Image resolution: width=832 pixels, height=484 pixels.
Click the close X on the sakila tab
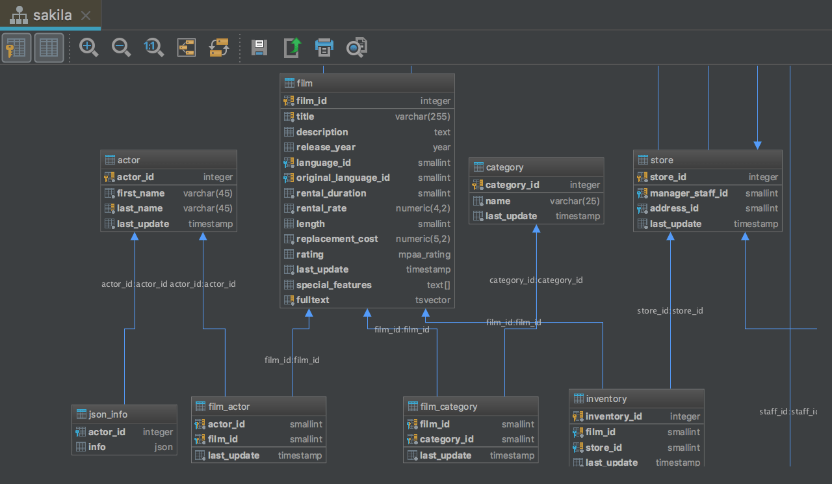[86, 16]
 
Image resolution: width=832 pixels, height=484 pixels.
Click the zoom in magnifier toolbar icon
[88, 47]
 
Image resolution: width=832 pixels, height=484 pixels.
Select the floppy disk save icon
[259, 47]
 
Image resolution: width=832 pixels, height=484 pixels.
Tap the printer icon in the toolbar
[324, 47]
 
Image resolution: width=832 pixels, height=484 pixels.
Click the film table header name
[305, 83]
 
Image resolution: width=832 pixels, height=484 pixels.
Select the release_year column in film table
[326, 147]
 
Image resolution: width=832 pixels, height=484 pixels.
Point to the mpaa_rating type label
[424, 254]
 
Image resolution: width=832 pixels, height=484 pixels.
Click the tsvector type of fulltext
[433, 300]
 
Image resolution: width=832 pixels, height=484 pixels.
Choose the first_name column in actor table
[140, 193]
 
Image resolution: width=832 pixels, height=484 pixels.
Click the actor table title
[129, 160]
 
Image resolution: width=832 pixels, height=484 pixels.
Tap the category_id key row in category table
[512, 185]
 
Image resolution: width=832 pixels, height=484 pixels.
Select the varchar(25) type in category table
[575, 201]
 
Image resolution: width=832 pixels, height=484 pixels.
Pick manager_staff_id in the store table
[688, 193]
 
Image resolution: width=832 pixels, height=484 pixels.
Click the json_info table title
[108, 414]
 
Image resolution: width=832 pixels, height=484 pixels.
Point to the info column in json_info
[97, 447]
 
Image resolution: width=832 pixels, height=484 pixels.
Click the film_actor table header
[229, 407]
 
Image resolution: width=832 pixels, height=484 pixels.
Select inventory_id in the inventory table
[614, 416]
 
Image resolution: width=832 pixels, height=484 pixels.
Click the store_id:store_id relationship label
[670, 311]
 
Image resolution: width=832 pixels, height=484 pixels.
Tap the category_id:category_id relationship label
[536, 280]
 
